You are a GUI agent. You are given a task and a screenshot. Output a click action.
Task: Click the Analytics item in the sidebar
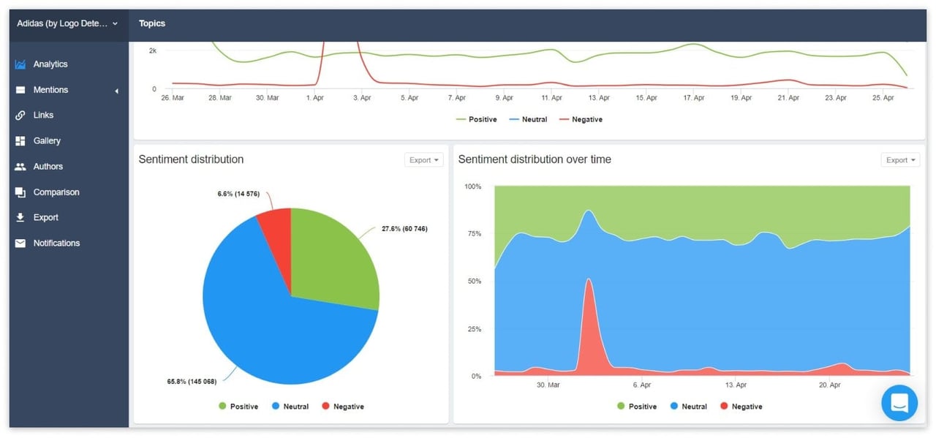coord(50,64)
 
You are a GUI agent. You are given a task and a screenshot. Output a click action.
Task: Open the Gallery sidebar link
coord(47,141)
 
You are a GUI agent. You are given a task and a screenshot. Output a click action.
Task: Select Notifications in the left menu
coord(56,243)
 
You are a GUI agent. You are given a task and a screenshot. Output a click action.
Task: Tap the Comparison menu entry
coord(56,192)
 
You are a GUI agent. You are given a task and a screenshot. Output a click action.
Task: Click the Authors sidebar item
coord(48,167)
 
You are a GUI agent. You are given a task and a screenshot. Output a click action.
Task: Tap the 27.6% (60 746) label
coord(404,229)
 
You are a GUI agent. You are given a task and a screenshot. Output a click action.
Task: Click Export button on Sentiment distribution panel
coord(423,160)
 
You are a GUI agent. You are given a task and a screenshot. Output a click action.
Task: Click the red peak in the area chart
coord(589,285)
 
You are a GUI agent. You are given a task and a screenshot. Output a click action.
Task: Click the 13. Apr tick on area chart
coord(736,385)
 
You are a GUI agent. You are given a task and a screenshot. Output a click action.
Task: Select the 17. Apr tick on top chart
coord(693,98)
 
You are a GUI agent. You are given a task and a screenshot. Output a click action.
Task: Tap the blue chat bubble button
coord(899,403)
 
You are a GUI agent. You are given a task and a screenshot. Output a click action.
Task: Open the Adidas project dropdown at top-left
coord(68,23)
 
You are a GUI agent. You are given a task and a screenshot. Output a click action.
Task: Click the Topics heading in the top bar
coord(152,23)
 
